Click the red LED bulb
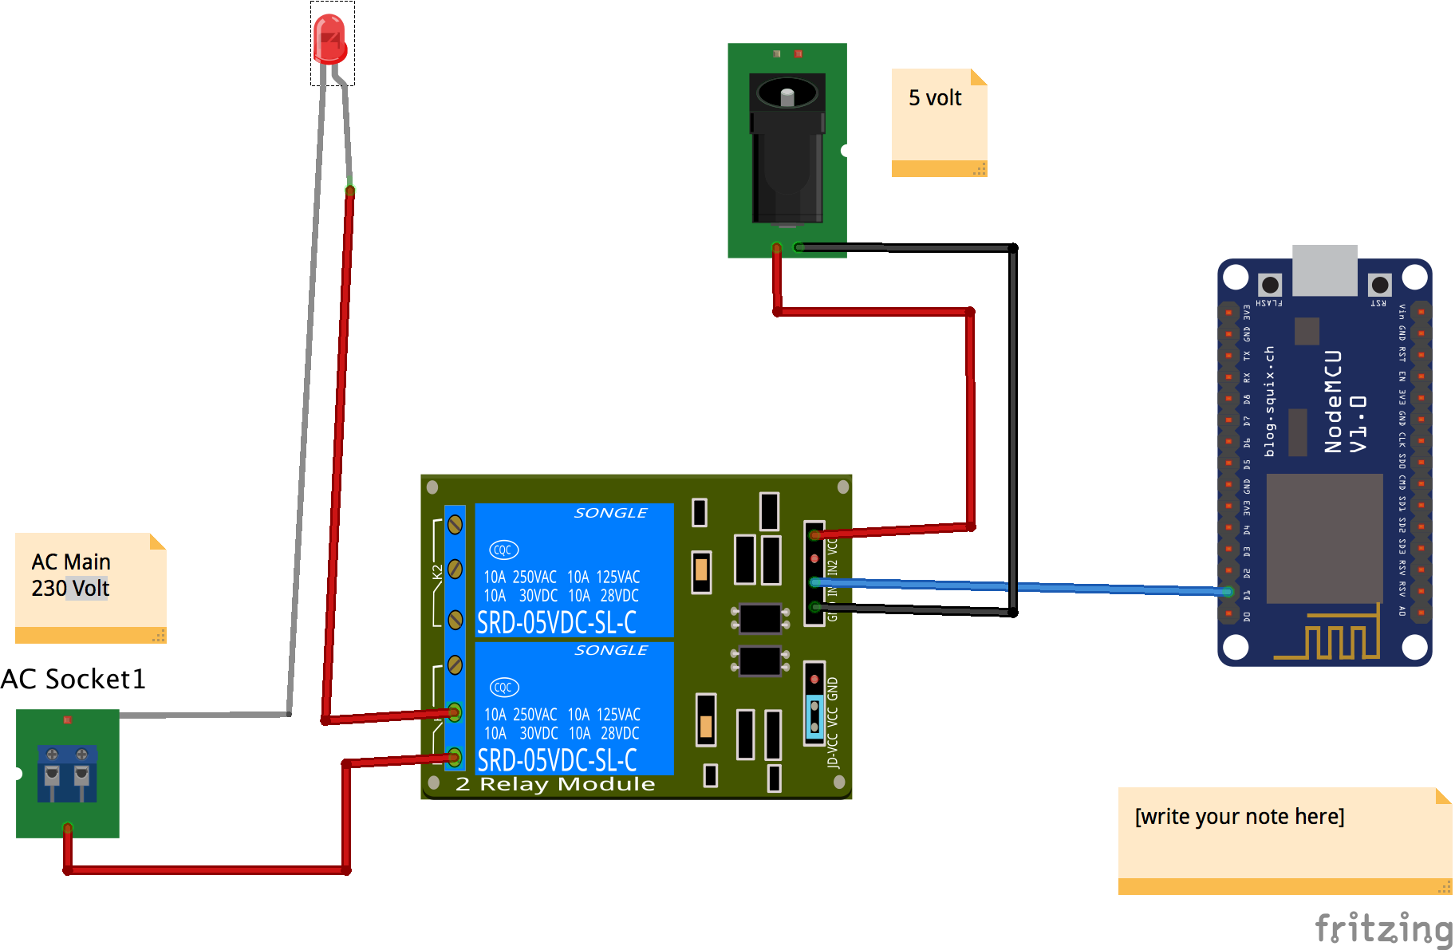pos(329,38)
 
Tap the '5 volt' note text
pos(935,98)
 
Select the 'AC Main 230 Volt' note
pos(90,587)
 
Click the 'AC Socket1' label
pos(73,680)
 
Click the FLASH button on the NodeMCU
pos(1270,285)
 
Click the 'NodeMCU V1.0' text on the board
pos(1345,402)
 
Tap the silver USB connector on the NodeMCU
pos(1325,270)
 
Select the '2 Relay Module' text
pos(555,785)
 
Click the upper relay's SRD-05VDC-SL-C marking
pos(557,623)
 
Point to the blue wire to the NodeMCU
pos(1117,589)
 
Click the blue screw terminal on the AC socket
pos(67,772)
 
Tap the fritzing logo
pos(1383,929)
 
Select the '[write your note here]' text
pos(1240,817)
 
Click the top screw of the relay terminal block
pos(455,524)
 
